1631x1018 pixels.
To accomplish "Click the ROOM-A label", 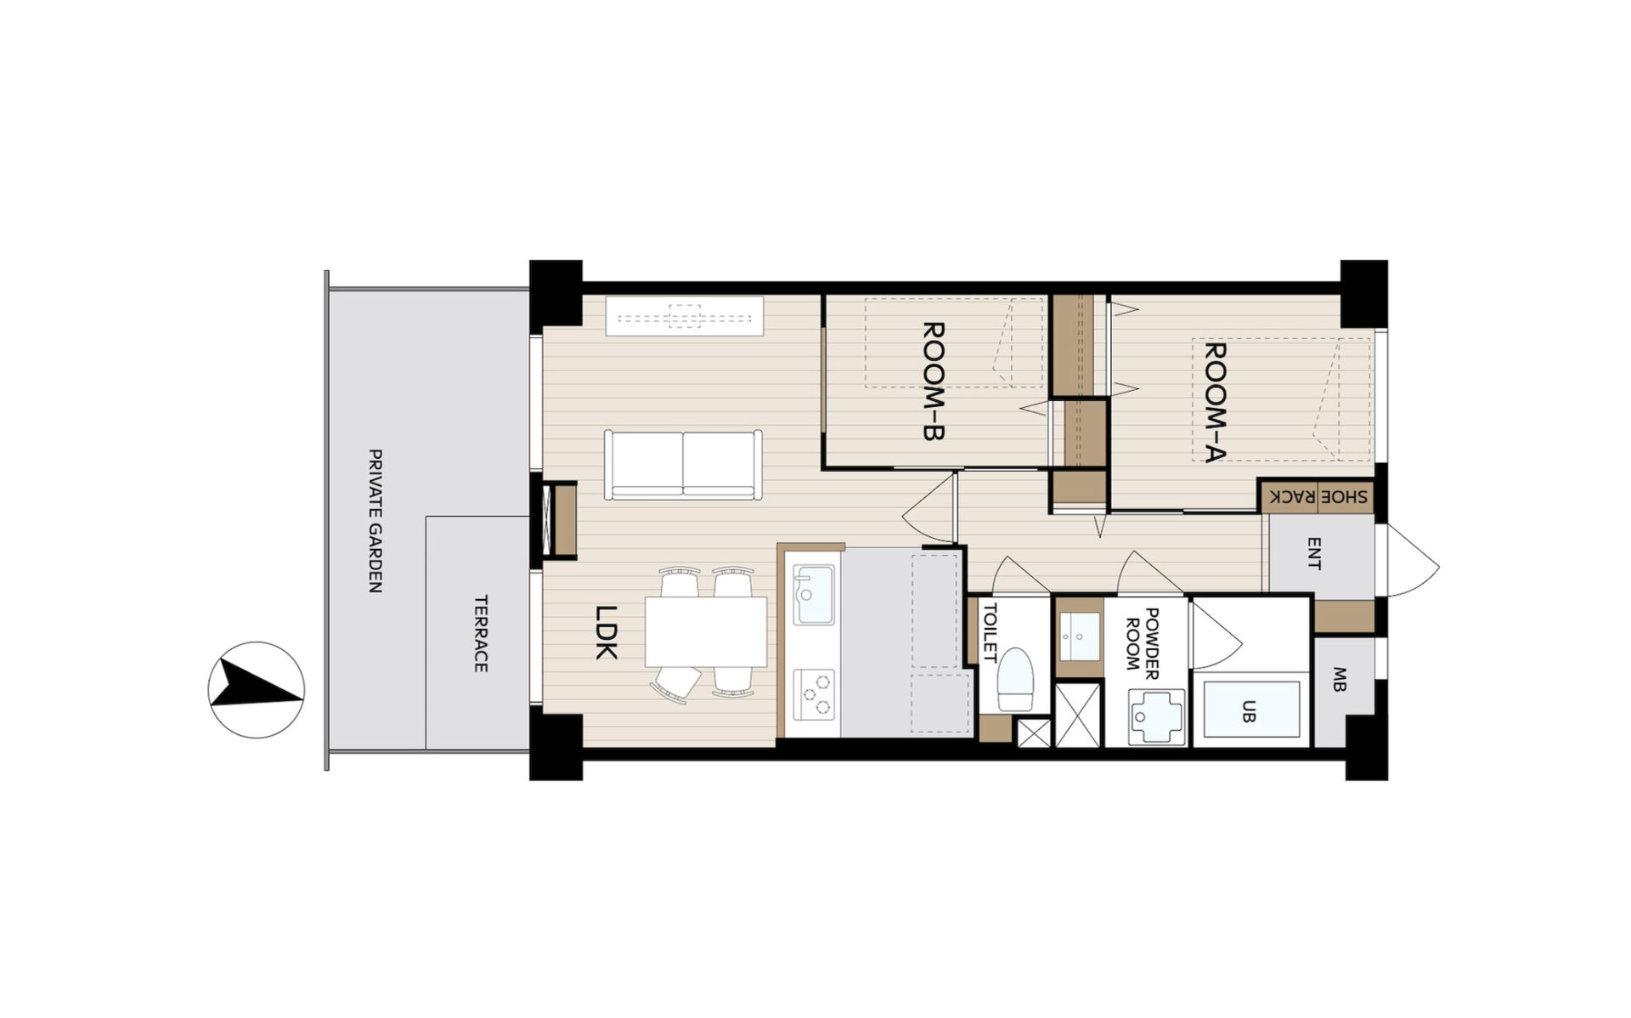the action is tap(1216, 402).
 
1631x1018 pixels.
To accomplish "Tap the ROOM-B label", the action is tap(934, 381).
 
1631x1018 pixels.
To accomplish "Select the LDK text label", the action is tap(606, 631).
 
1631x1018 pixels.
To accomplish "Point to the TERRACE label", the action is tap(480, 634).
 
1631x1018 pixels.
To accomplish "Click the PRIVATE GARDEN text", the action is tap(375, 521).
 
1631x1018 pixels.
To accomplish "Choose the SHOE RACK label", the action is tap(1318, 496).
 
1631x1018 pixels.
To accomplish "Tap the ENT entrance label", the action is tap(1314, 554).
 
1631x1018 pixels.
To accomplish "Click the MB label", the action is tap(1340, 680).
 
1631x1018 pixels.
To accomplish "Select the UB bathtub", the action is tap(1252, 710).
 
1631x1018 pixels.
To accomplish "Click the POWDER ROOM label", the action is tap(1143, 643).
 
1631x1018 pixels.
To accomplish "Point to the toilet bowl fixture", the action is tap(1015, 680).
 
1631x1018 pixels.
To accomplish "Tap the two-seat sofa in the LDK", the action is tap(683, 465).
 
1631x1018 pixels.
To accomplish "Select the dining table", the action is tap(706, 632).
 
